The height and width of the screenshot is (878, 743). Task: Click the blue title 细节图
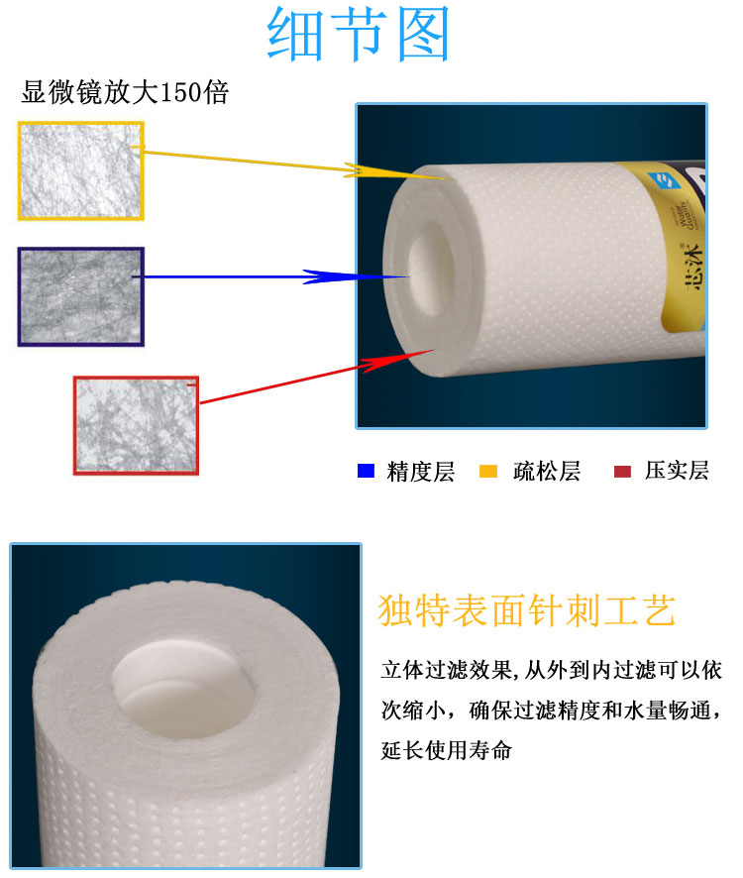pos(358,34)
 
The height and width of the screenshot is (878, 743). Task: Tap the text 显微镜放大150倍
pos(125,92)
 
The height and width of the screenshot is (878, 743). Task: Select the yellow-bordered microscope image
pos(80,170)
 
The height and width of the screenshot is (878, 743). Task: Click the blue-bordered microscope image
pos(80,296)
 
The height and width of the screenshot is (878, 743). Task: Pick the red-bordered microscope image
pos(136,425)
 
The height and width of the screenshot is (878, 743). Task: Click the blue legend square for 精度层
pos(366,471)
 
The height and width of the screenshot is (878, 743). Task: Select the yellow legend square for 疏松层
pos(488,472)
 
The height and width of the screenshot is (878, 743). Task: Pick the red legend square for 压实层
pos(622,472)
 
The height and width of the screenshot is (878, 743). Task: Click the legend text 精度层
pos(420,472)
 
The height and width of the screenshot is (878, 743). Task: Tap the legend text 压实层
pos(677,471)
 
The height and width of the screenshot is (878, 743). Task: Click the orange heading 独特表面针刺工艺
pos(527,610)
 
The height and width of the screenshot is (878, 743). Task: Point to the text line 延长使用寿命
pos(446,750)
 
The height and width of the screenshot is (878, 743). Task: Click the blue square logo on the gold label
pos(665,181)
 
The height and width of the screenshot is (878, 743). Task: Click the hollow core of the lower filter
pos(183,689)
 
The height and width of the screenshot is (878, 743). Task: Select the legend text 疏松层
pos(547,472)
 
